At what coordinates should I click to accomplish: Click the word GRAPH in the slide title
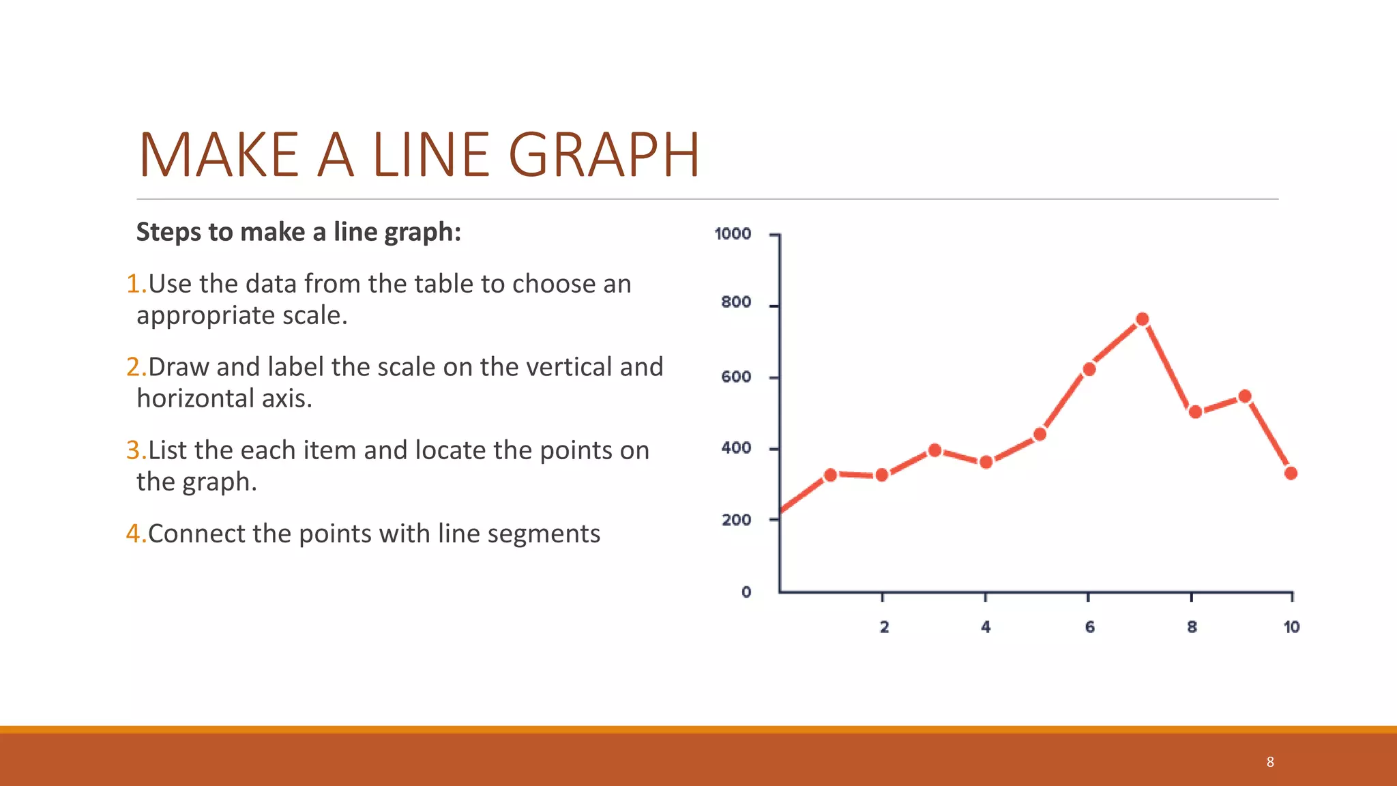pyautogui.click(x=604, y=155)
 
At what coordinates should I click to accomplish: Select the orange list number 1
pyautogui.click(x=134, y=284)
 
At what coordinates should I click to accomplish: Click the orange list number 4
pyautogui.click(x=134, y=534)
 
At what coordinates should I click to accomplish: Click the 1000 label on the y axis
pyautogui.click(x=733, y=234)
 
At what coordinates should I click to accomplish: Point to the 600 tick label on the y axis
pyautogui.click(x=736, y=377)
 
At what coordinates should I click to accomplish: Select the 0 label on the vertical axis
pyautogui.click(x=746, y=592)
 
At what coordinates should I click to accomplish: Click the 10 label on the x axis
pyautogui.click(x=1291, y=627)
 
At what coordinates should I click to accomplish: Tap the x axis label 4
pyautogui.click(x=986, y=627)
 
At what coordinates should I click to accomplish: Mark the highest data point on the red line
pyautogui.click(x=1143, y=319)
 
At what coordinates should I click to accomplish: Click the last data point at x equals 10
pyautogui.click(x=1291, y=473)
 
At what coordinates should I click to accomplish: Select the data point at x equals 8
pyautogui.click(x=1195, y=412)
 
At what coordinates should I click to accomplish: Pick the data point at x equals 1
pyautogui.click(x=830, y=475)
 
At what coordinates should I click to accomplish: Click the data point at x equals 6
pyautogui.click(x=1089, y=369)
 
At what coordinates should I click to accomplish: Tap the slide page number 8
pyautogui.click(x=1270, y=762)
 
